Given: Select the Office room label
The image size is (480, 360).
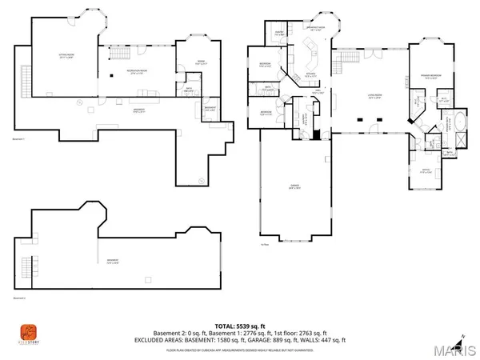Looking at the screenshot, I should [x=422, y=170].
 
